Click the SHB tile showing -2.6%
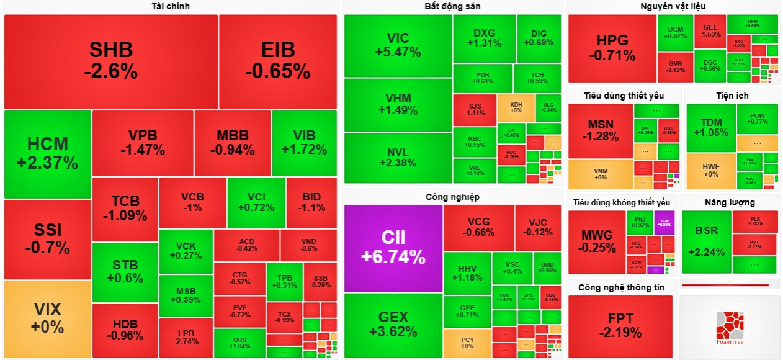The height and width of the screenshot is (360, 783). [110, 61]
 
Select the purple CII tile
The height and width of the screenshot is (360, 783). [393, 248]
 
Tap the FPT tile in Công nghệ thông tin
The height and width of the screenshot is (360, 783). [620, 326]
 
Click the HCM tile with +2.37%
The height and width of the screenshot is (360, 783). [48, 154]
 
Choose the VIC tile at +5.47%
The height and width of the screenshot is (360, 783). [398, 45]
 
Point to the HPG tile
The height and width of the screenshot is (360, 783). [612, 48]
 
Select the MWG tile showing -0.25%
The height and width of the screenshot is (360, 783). [596, 241]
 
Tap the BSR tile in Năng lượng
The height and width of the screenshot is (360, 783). [706, 241]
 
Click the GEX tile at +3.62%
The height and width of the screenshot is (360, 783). [393, 325]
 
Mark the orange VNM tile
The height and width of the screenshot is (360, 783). [600, 174]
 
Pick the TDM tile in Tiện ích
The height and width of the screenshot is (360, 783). [710, 127]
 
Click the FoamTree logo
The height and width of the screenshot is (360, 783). [729, 327]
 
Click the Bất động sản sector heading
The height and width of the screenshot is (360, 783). [452, 6]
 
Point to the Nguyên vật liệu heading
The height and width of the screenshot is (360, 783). [673, 6]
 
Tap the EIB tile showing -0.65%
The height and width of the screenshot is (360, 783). [277, 61]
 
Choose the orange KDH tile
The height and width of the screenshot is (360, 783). [516, 107]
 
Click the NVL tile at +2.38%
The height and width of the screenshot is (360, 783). [398, 158]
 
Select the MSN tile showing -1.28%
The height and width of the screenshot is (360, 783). [600, 131]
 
